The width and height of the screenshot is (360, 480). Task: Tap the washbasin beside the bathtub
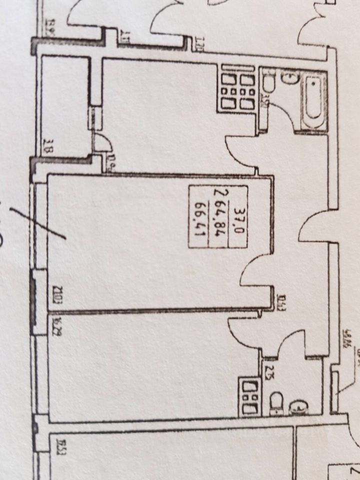(x=289, y=77)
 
